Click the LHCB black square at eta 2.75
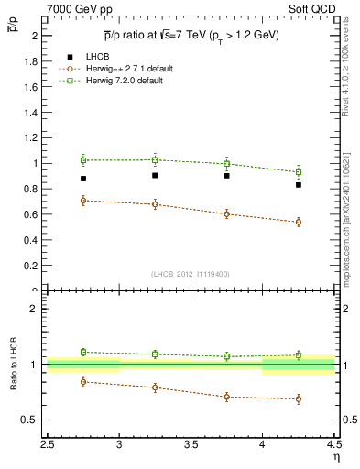(x=83, y=179)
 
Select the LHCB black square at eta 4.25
(x=299, y=185)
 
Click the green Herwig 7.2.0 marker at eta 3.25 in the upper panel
(x=155, y=159)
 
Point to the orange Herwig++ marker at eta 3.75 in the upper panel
(x=227, y=214)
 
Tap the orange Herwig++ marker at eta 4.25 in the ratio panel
(x=299, y=399)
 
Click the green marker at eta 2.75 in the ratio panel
(x=83, y=352)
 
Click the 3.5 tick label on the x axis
(x=191, y=443)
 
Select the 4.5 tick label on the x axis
(x=333, y=443)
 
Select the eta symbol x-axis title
(x=335, y=456)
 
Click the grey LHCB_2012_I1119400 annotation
(x=191, y=274)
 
